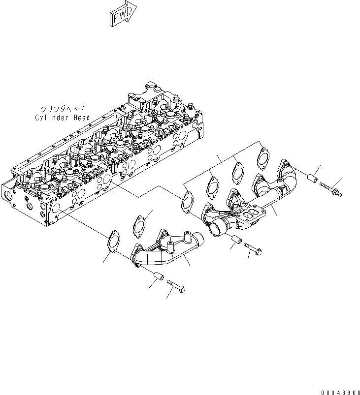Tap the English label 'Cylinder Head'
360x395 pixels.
click(x=62, y=118)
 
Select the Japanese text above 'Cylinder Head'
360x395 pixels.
click(x=63, y=109)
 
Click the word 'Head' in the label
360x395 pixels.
click(x=81, y=118)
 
